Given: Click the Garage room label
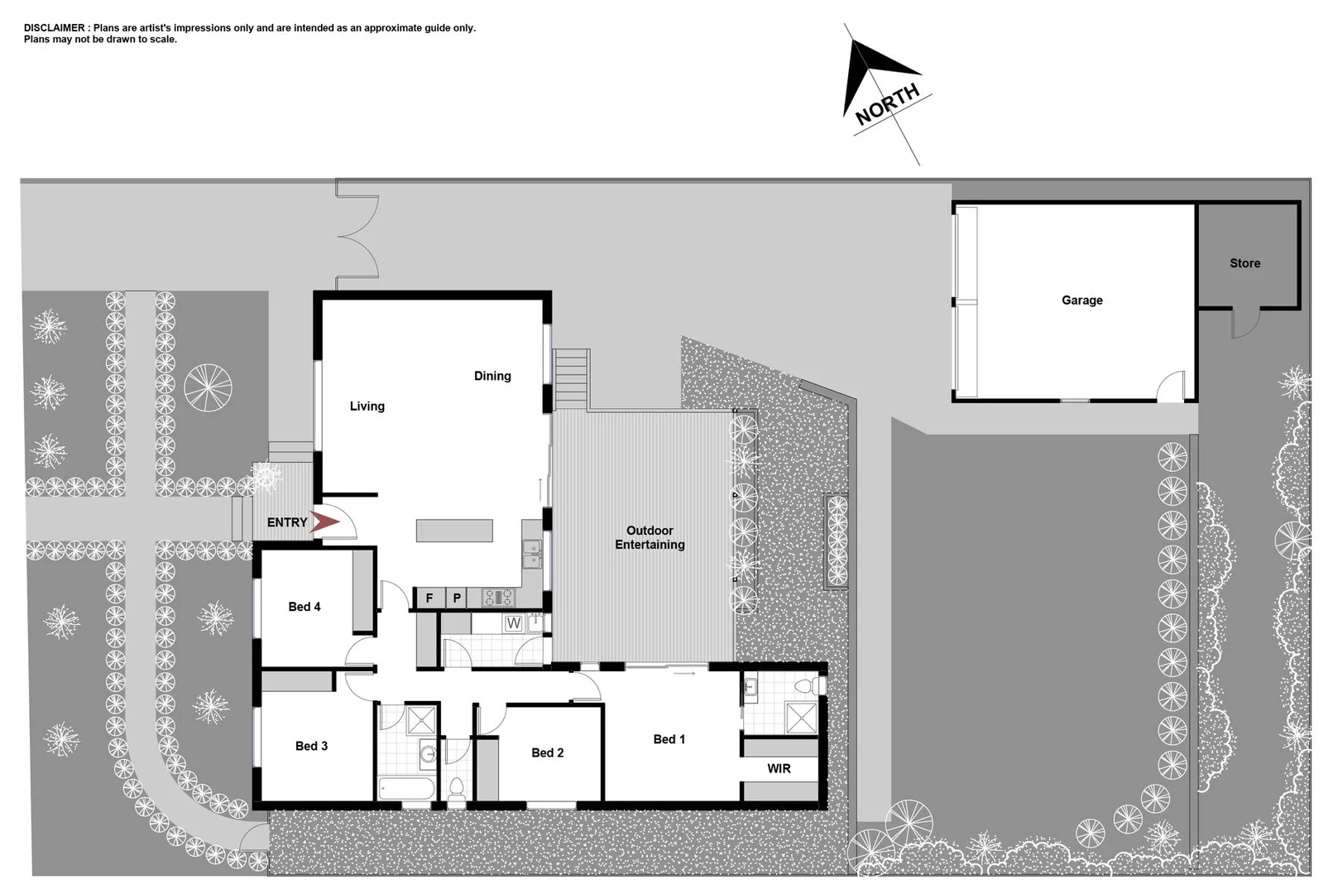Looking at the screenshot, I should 1081,300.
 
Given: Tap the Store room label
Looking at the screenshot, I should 1244,263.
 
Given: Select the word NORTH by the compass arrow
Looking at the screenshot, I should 887,104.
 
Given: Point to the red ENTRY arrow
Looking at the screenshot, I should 325,522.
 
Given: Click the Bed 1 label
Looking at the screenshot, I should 669,739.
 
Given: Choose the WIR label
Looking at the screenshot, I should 779,768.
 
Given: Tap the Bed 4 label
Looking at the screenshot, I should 304,607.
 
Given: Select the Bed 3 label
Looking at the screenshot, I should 311,746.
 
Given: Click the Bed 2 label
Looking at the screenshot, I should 547,752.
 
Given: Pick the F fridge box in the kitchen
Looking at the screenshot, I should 429,598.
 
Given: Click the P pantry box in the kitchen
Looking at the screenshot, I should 457,598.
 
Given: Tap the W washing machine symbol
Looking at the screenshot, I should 513,623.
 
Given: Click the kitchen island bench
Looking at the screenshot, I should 454,531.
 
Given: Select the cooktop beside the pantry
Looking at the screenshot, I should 498,597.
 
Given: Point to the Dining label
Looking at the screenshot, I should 492,376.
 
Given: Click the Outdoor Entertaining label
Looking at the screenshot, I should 650,537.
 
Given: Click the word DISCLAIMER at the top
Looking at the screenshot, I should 54,28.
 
